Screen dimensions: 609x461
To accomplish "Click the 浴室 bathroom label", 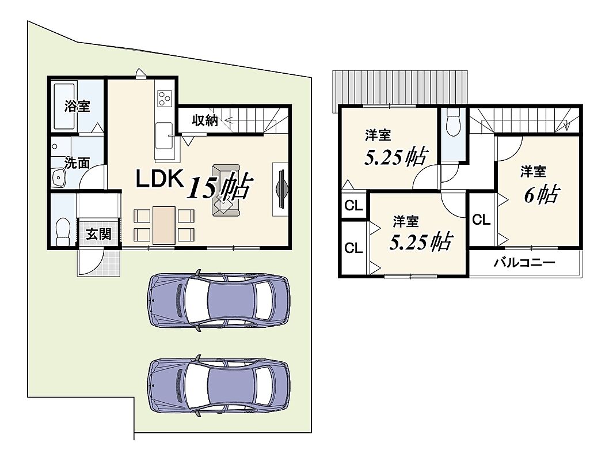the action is [x=77, y=105].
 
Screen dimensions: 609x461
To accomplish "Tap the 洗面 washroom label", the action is [x=77, y=163].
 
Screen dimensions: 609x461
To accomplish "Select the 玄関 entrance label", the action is [x=98, y=234].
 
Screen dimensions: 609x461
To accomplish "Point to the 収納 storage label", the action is [x=205, y=121].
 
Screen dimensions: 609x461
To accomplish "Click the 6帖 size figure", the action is [x=542, y=194].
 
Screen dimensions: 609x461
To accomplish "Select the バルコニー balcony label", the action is [x=524, y=263].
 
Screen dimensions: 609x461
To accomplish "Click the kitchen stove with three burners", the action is [x=164, y=98].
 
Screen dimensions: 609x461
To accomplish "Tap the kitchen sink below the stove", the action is [x=164, y=135].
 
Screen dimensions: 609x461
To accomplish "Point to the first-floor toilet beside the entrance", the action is [x=63, y=232].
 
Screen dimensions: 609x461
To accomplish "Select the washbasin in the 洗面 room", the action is [x=59, y=178].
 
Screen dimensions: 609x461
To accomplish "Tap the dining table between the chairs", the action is [x=163, y=225].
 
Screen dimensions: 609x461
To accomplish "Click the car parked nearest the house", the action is [x=219, y=300].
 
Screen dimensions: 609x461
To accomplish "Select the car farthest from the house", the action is [x=219, y=386].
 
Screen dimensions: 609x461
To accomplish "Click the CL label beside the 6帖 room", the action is [x=481, y=220].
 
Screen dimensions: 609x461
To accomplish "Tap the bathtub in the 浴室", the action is [x=64, y=105].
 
